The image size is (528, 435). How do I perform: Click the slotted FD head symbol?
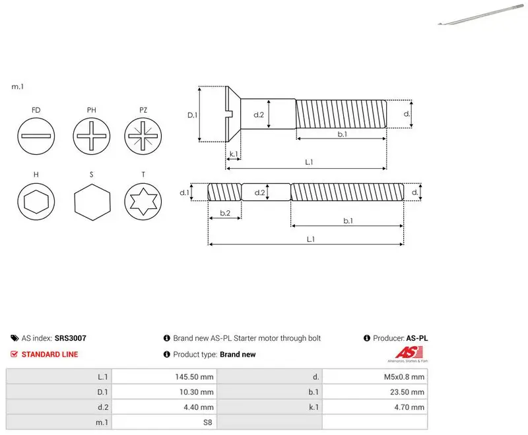36,136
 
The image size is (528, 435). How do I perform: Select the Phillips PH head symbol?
91,136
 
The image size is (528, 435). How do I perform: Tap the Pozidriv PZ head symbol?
143,136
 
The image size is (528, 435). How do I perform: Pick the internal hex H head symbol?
36,202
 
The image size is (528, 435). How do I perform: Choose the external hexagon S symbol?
92,202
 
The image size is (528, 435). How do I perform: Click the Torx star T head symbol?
143,202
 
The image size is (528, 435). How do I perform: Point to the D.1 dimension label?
192,115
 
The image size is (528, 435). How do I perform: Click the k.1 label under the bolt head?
234,154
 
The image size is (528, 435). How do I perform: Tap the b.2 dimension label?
225,213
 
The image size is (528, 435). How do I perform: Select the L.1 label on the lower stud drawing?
311,239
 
